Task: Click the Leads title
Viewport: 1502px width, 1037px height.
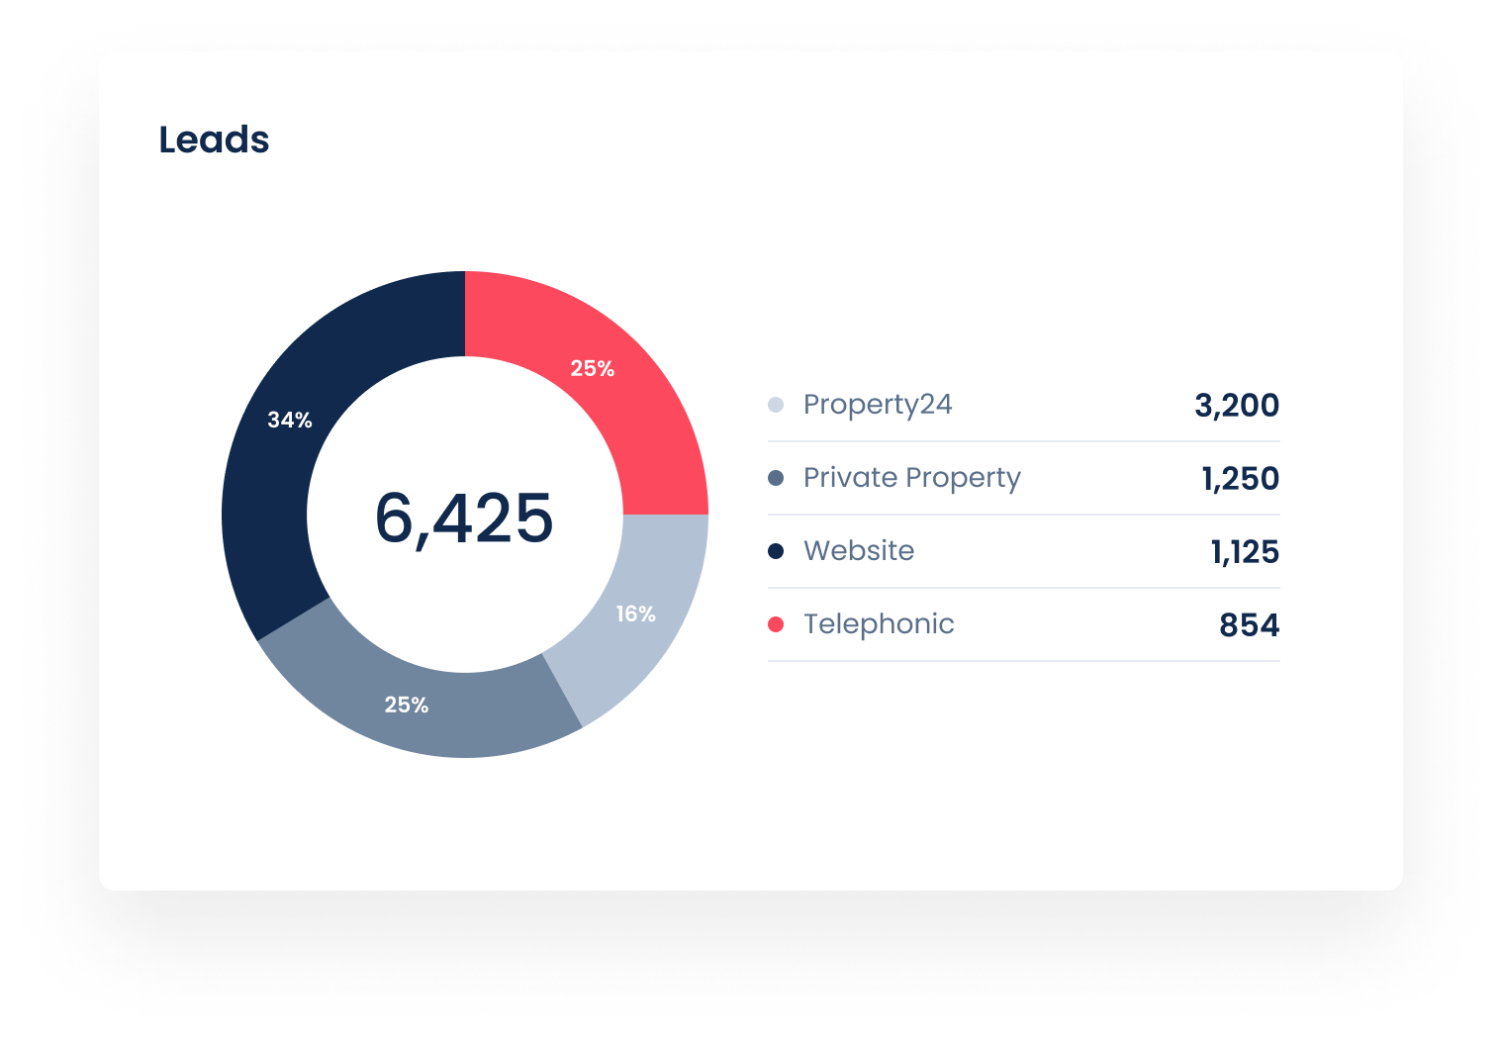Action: (214, 140)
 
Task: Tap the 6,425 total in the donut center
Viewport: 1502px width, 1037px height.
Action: (464, 518)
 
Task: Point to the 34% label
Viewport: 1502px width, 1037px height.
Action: (290, 421)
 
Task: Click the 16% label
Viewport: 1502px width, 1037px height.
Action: (635, 614)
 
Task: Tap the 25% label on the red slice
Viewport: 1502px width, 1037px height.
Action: (593, 369)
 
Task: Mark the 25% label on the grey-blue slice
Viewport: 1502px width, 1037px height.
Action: (407, 706)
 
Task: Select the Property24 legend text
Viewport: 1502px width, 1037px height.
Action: (878, 405)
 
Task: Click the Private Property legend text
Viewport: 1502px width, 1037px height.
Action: (911, 478)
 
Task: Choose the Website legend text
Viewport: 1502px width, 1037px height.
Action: (859, 551)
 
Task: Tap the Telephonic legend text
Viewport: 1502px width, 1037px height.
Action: (879, 624)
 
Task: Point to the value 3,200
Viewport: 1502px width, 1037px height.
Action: (1237, 405)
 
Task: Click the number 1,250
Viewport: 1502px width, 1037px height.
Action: (1241, 478)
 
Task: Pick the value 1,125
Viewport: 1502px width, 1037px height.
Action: (1245, 551)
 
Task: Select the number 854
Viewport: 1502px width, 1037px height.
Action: (1249, 624)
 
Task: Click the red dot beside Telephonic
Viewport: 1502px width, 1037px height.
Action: (776, 624)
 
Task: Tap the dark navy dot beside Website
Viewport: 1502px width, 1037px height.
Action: (776, 551)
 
